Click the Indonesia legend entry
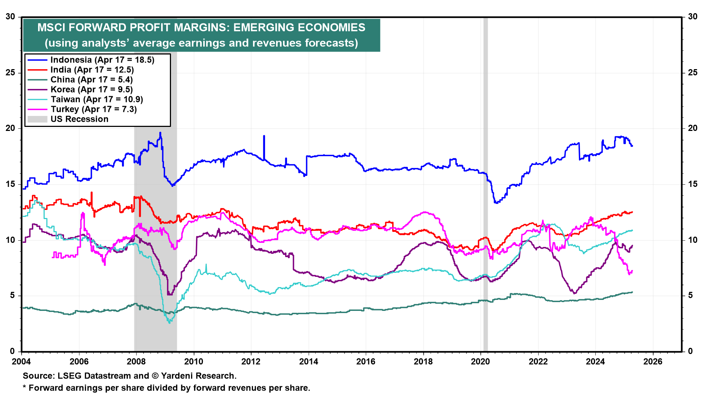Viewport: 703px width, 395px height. tap(102, 60)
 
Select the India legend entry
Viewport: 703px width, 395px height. tap(92, 70)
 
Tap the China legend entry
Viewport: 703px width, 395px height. tap(91, 80)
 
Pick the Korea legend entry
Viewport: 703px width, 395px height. tap(91, 90)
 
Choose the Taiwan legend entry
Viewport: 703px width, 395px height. tap(97, 99)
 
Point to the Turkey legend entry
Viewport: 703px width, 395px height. tap(93, 109)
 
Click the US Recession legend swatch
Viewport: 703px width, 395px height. tap(37, 119)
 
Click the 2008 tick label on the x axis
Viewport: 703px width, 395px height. tap(136, 362)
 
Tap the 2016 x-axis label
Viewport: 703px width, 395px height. tap(366, 362)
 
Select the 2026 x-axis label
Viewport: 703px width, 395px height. tap(653, 362)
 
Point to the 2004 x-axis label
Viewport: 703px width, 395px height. tap(22, 362)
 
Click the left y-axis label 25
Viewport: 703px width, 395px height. tap(10, 73)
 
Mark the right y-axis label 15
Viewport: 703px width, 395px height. tap(693, 184)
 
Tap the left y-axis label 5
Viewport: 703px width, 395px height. tap(12, 296)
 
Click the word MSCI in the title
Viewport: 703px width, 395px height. tap(51, 28)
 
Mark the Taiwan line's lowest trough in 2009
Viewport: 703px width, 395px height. tap(169, 323)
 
